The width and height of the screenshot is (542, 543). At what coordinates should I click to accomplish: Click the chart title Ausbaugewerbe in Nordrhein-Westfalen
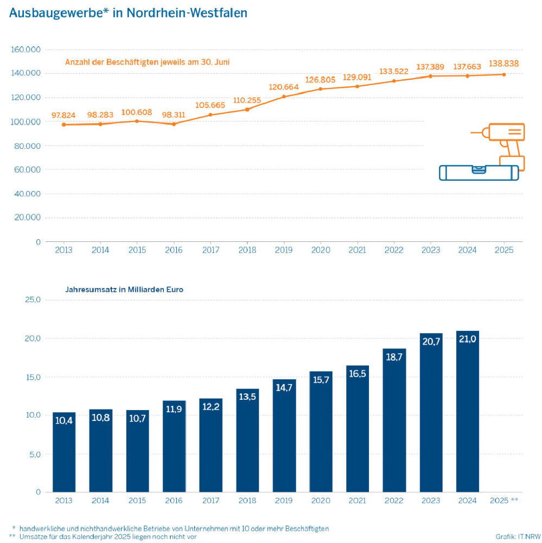click(x=128, y=12)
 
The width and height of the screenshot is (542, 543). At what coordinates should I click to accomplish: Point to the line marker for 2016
click(x=174, y=124)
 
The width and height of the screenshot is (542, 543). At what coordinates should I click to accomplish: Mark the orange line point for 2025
click(x=504, y=74)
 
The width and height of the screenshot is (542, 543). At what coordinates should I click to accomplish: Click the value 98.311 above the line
click(x=174, y=115)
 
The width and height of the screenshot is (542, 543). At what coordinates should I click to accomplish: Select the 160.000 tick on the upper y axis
click(x=25, y=49)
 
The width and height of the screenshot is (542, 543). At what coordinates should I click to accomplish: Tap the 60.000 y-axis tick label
click(x=27, y=170)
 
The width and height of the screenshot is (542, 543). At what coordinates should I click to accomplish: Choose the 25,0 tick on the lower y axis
click(x=31, y=300)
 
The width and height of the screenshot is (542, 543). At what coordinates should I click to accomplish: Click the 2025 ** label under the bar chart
click(x=504, y=501)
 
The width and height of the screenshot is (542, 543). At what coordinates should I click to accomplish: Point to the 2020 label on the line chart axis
click(x=321, y=250)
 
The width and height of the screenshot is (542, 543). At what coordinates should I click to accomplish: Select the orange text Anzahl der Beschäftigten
click(x=147, y=62)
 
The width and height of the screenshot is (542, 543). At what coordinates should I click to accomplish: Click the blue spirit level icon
click(x=479, y=173)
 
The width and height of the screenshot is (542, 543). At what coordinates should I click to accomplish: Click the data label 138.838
click(x=504, y=63)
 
